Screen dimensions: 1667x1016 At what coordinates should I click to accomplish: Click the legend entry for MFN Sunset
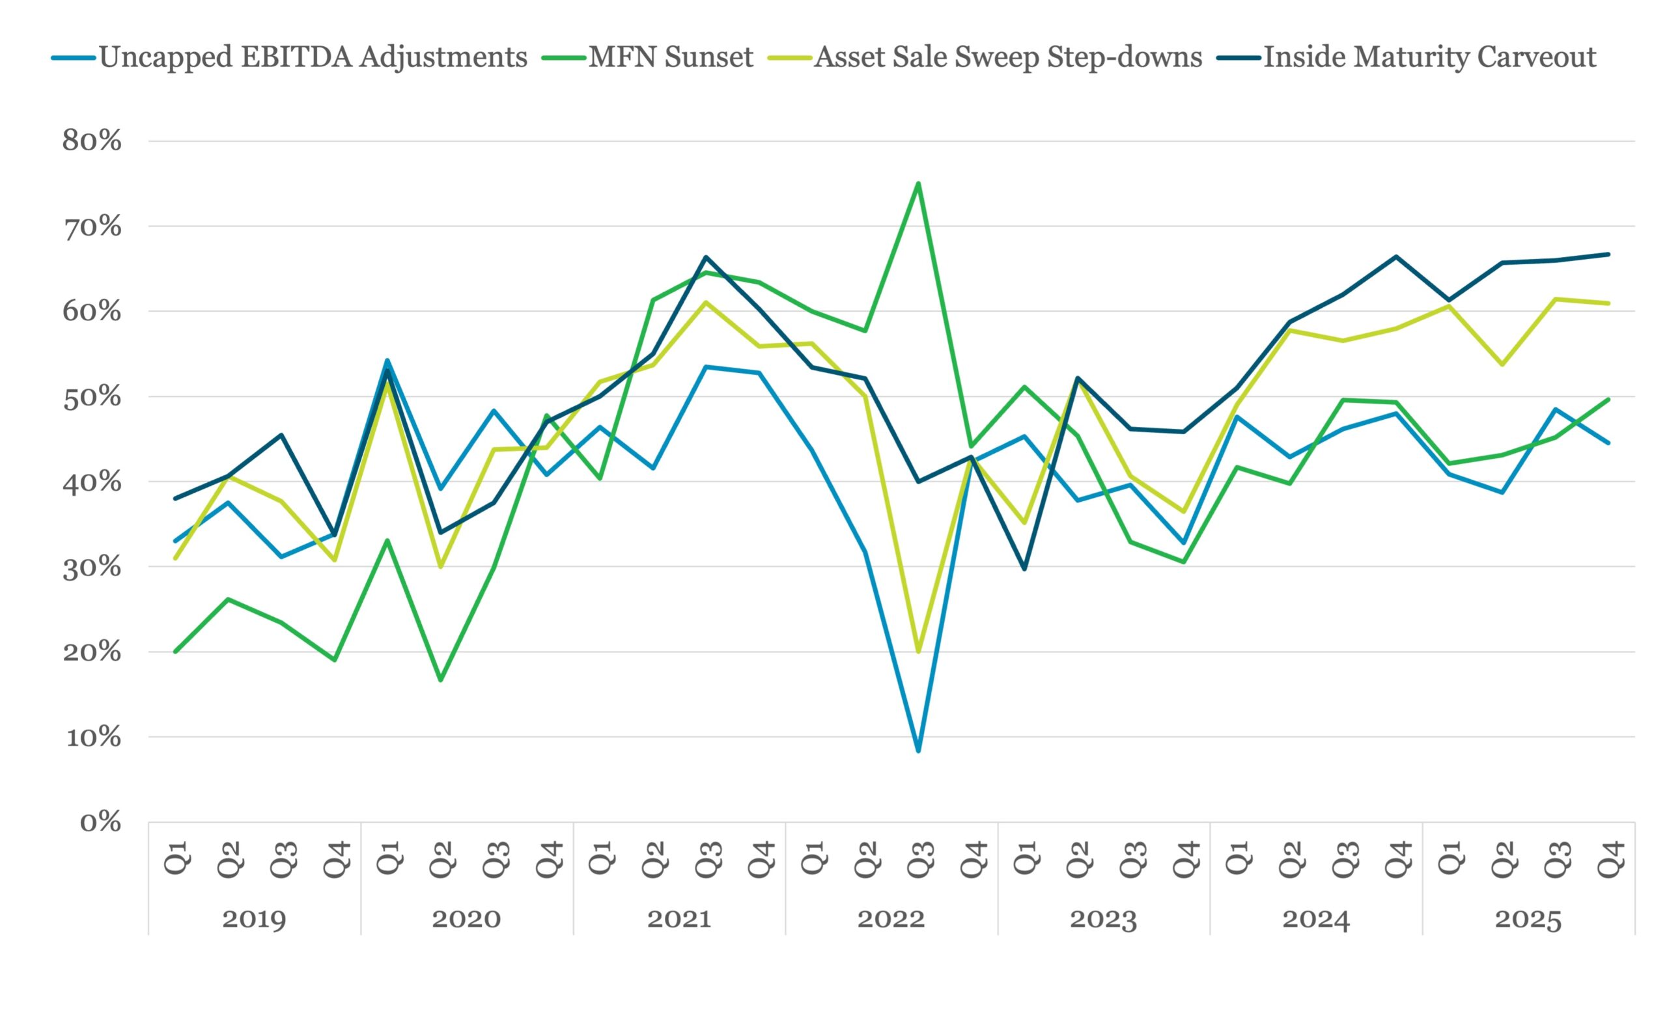[x=647, y=57]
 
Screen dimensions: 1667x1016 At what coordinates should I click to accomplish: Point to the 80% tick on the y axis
[x=92, y=141]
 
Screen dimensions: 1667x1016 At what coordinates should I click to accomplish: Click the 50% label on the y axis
[x=92, y=397]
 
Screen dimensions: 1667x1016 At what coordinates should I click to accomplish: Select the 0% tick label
[x=101, y=823]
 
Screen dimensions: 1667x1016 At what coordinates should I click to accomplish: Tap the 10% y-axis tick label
[x=93, y=737]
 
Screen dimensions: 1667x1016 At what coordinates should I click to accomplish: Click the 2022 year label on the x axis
[x=891, y=919]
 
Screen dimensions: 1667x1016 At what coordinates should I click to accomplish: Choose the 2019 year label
[x=255, y=919]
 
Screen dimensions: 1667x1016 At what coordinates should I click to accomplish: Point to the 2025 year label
[x=1528, y=919]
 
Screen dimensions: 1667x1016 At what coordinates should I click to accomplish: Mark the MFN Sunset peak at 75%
[x=918, y=184]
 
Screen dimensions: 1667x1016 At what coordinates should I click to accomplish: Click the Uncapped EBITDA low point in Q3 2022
[x=918, y=751]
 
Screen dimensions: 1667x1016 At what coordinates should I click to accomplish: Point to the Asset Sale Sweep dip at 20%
[x=918, y=652]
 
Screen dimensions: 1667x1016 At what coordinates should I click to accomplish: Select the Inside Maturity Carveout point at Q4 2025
[x=1608, y=254]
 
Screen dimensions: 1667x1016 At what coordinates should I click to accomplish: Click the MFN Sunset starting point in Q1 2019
[x=175, y=652]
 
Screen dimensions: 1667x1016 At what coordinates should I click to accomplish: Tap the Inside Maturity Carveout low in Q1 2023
[x=1024, y=569]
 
